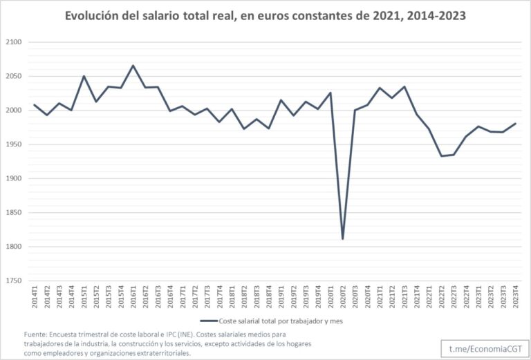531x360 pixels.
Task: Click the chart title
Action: (265, 16)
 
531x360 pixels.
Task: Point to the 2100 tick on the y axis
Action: (14, 42)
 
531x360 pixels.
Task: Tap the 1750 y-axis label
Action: (14, 281)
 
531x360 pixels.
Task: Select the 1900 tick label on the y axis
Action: (14, 179)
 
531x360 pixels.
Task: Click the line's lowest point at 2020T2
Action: (343, 239)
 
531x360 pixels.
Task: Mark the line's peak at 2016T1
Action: (133, 66)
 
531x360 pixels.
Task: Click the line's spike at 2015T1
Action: (84, 76)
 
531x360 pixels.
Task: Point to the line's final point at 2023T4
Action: (515, 124)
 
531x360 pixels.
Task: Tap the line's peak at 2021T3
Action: (404, 86)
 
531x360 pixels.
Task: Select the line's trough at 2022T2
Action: (441, 156)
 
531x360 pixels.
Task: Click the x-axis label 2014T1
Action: (35, 296)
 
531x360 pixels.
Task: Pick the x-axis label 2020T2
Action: (343, 296)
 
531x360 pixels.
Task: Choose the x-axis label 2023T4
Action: (515, 296)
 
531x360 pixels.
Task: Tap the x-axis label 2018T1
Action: (232, 296)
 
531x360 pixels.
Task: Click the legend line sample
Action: (209, 321)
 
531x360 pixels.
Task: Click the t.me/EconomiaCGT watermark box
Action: (485, 348)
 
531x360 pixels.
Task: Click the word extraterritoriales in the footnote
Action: (165, 353)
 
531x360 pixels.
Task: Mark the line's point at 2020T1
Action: (330, 93)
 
